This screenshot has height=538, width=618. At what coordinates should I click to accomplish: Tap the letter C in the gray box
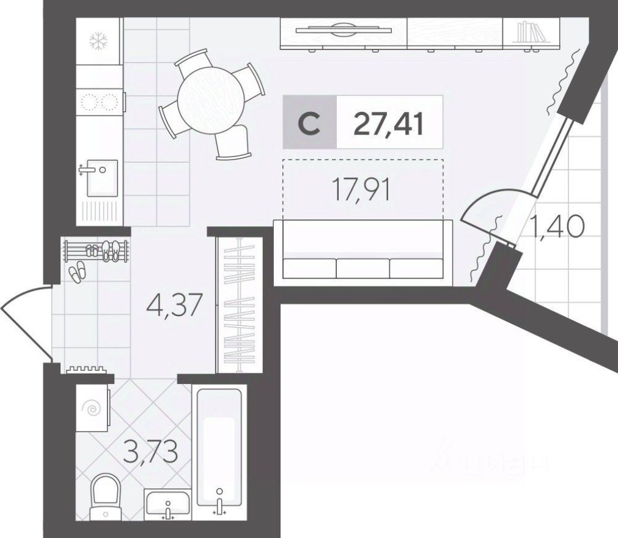[x=309, y=123]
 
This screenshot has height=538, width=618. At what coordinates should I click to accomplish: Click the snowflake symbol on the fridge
[x=98, y=41]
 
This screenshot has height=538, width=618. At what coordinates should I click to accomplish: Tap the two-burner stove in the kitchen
[x=98, y=101]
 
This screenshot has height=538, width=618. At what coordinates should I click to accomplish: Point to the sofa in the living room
[x=363, y=252]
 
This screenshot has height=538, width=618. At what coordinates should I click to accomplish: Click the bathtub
[x=219, y=449]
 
